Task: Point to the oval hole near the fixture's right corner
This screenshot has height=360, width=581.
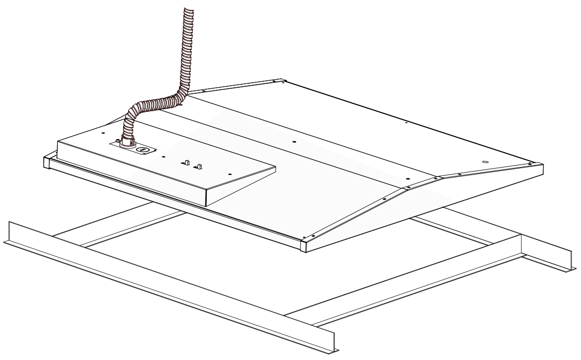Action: click(485, 162)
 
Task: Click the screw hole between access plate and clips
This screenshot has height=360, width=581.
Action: click(163, 157)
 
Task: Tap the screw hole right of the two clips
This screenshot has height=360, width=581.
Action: click(230, 174)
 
